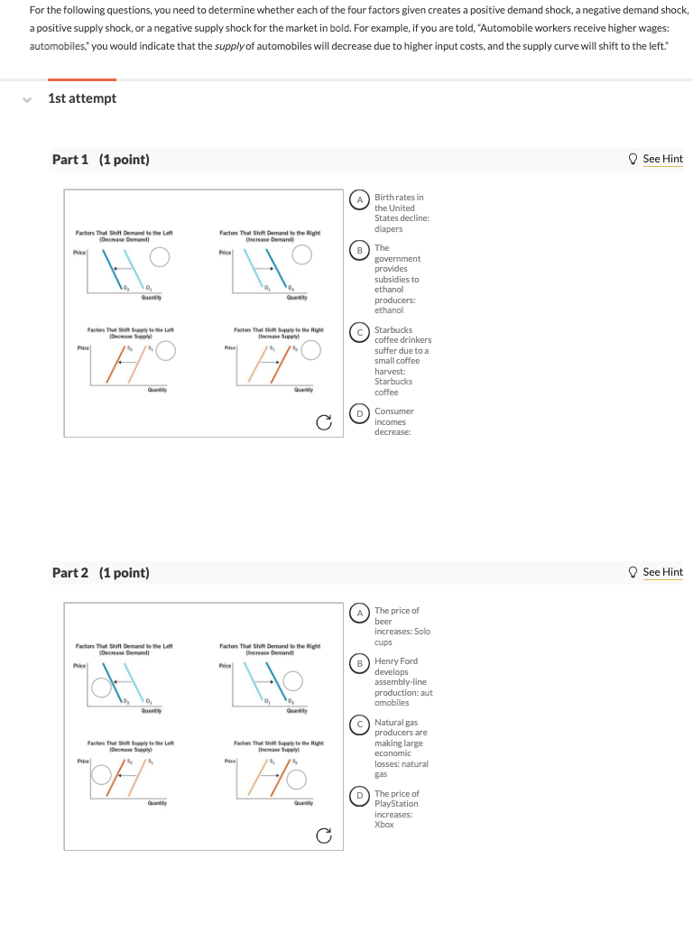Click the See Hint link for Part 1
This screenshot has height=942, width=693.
tap(662, 159)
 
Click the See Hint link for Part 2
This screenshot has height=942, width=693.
tap(662, 572)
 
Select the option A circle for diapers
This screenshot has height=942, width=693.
tap(360, 198)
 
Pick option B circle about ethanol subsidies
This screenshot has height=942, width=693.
tap(360, 248)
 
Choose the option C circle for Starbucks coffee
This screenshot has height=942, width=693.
tap(360, 331)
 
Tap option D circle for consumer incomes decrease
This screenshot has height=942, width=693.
tap(360, 412)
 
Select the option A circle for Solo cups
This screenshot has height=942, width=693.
tap(360, 612)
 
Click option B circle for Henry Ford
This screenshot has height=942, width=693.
tap(360, 662)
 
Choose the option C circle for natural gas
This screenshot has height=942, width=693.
tap(360, 724)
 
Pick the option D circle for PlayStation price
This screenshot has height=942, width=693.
tap(360, 795)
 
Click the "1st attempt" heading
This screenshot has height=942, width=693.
tap(82, 98)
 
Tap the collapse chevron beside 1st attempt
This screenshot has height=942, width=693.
tap(28, 98)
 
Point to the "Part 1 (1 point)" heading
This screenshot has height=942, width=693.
tap(101, 160)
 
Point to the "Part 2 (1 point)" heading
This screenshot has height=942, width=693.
tap(101, 573)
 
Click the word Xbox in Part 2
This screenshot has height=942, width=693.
tap(384, 825)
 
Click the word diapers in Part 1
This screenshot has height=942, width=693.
tap(389, 228)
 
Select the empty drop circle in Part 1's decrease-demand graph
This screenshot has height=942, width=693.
tap(160, 257)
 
